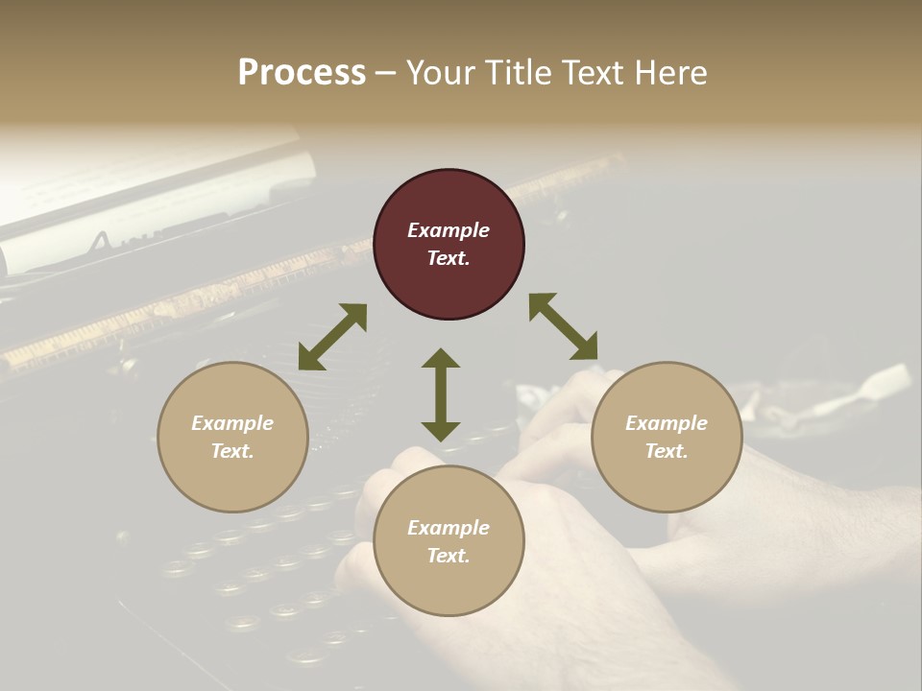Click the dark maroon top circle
(449, 245)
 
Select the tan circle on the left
(232, 437)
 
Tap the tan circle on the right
(667, 437)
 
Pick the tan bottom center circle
(449, 541)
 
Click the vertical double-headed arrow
(441, 394)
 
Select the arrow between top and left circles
(332, 337)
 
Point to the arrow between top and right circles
(563, 326)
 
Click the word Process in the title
(302, 73)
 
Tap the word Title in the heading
(520, 73)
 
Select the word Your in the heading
(442, 73)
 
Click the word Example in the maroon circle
(449, 230)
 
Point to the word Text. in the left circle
(232, 451)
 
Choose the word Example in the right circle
(667, 423)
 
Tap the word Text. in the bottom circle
(449, 556)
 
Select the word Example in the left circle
(232, 423)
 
